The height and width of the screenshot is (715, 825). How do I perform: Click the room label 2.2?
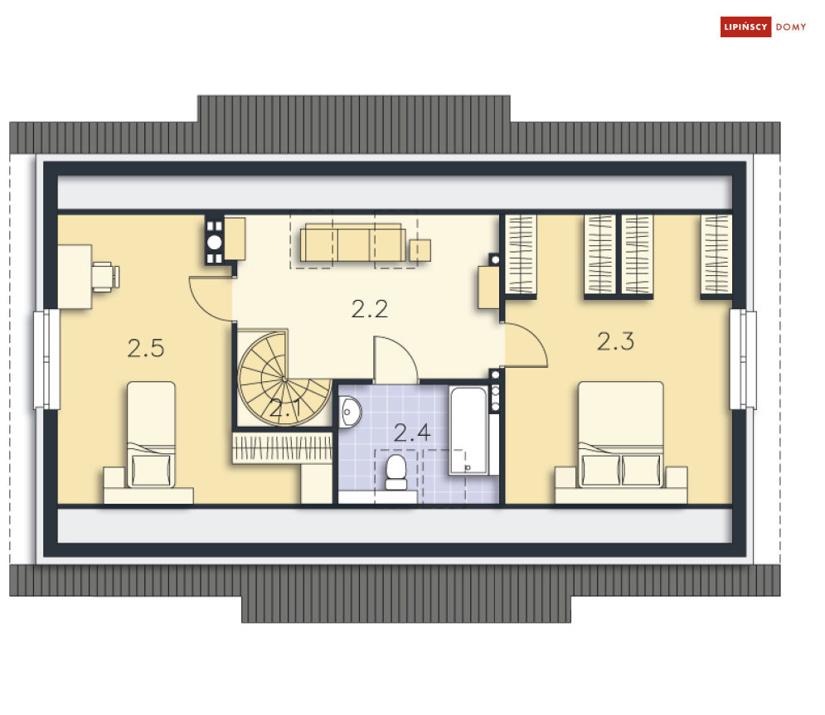[x=369, y=309]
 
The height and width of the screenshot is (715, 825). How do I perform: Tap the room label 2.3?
[x=615, y=341]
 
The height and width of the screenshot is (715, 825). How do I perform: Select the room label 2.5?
[x=146, y=348]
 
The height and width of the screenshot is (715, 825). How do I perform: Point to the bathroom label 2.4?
[x=412, y=432]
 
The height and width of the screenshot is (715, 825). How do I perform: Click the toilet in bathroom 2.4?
[x=396, y=472]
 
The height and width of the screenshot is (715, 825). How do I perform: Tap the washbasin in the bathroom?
[x=350, y=412]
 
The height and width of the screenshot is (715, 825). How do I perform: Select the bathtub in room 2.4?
[x=468, y=431]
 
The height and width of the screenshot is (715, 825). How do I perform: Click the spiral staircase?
[x=284, y=378]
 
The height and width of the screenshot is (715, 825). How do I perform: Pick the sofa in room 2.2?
[x=353, y=243]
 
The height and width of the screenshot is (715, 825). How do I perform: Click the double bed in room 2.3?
[x=621, y=442]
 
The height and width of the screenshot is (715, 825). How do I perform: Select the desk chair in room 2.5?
[x=106, y=277]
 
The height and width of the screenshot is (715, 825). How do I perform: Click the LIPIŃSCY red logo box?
[x=745, y=27]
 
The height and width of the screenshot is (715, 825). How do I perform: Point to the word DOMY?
[x=791, y=27]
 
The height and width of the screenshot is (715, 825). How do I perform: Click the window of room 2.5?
[x=46, y=359]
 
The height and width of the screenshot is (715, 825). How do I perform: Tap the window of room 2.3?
[x=743, y=359]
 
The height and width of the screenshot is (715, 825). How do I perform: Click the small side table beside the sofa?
[x=420, y=250]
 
